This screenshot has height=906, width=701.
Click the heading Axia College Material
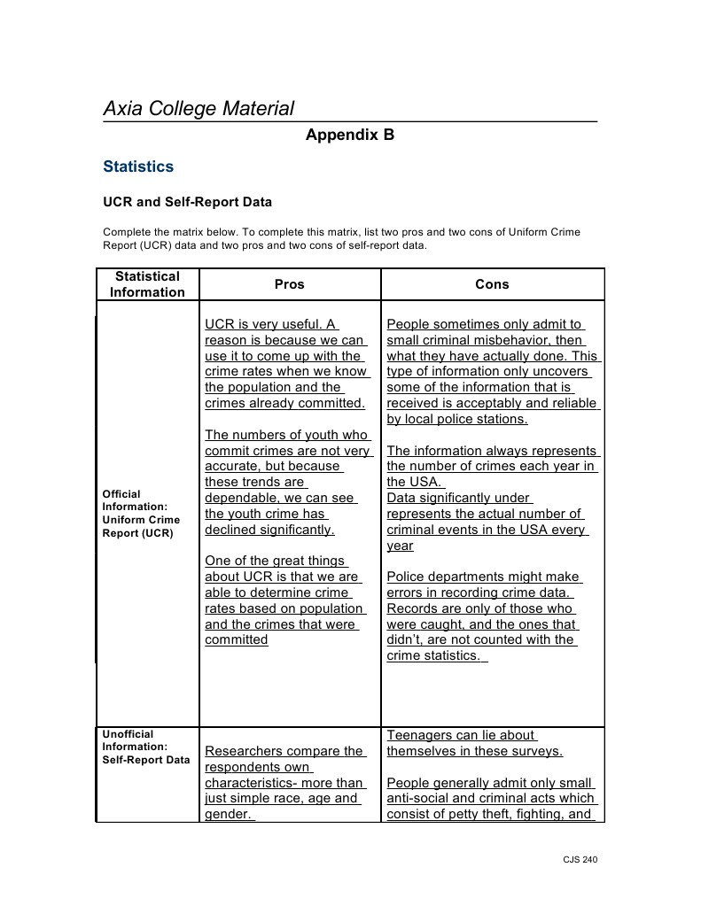(x=199, y=109)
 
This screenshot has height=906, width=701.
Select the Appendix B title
(x=350, y=135)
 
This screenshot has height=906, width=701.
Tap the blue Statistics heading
(x=138, y=166)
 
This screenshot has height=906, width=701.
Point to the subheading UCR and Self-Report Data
(x=187, y=202)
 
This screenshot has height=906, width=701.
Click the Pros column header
(x=289, y=284)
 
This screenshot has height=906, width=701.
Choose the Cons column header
(x=492, y=284)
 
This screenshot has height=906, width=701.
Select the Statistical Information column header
(x=147, y=284)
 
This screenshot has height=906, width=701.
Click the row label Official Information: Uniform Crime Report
(x=142, y=514)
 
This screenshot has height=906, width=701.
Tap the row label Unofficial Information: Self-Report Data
(x=146, y=747)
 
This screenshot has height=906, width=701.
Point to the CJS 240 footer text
(x=580, y=859)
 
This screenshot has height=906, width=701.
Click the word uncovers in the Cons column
(x=562, y=372)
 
